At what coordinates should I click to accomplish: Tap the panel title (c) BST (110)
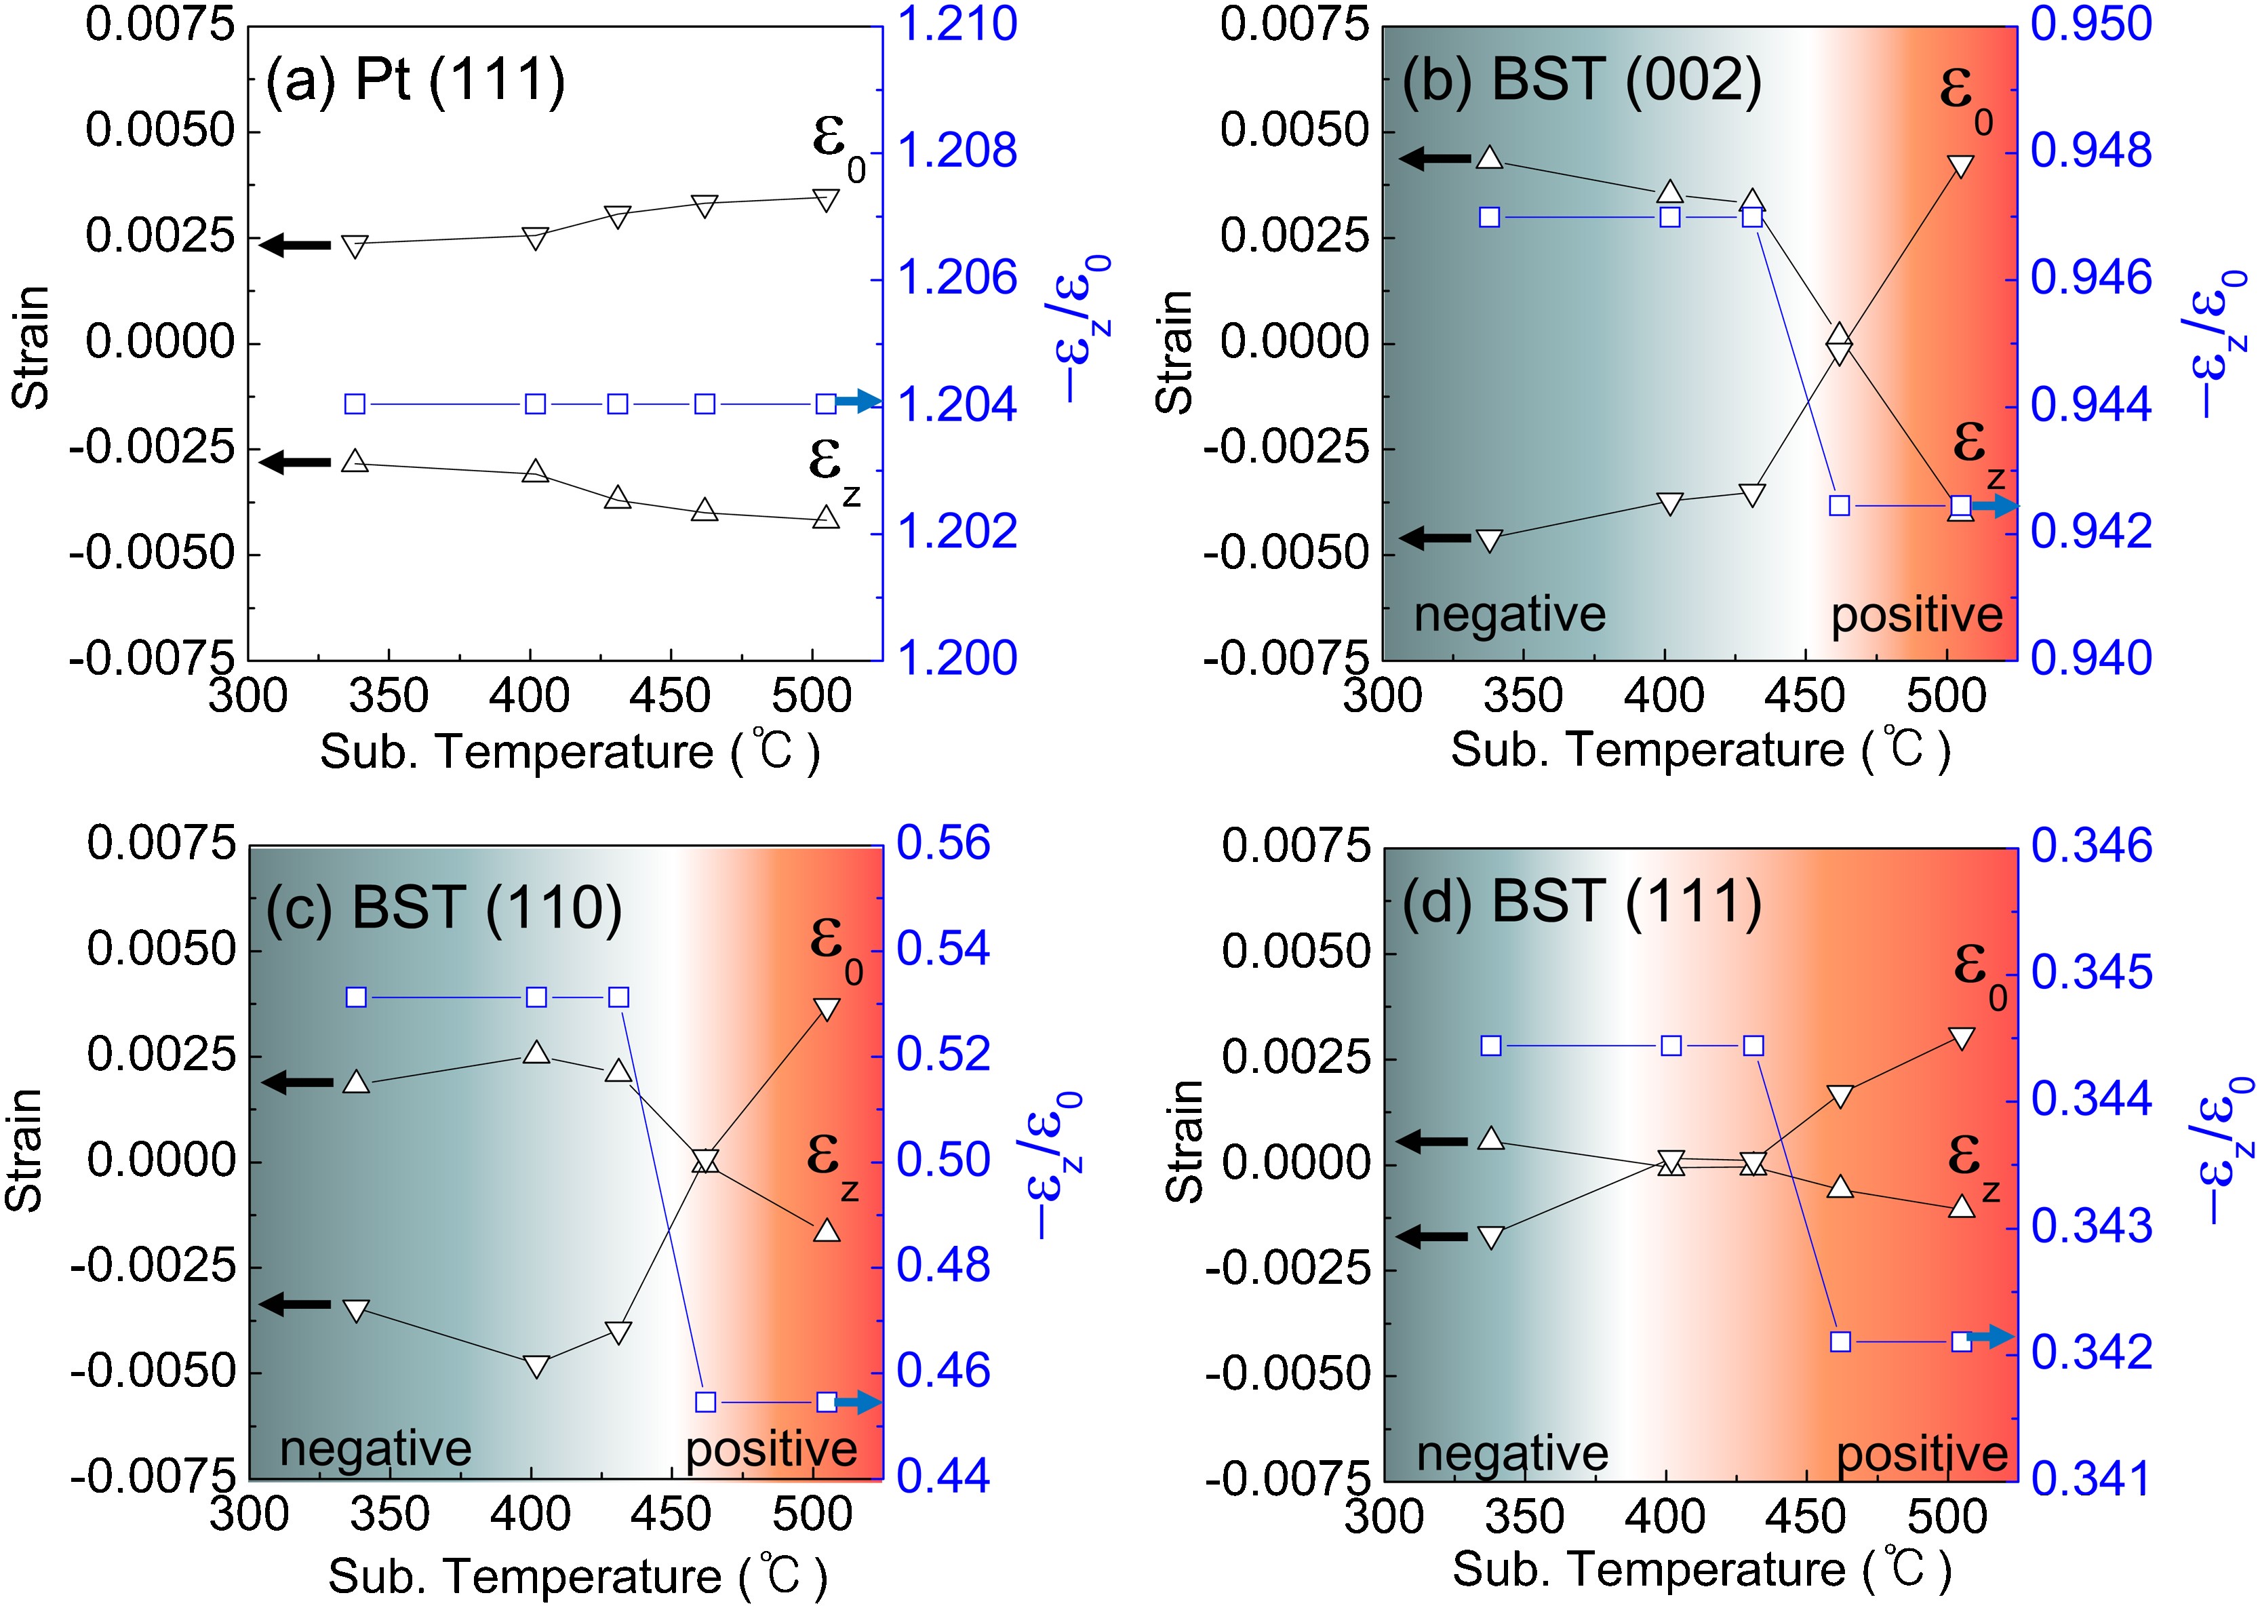click(443, 907)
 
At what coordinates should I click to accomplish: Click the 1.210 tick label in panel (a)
click(956, 24)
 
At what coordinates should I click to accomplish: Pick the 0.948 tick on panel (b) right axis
click(2090, 151)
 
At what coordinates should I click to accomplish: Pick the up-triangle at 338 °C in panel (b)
click(1490, 157)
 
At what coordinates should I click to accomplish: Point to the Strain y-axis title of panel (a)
click(32, 347)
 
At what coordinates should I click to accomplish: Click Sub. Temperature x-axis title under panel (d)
click(1700, 1569)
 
